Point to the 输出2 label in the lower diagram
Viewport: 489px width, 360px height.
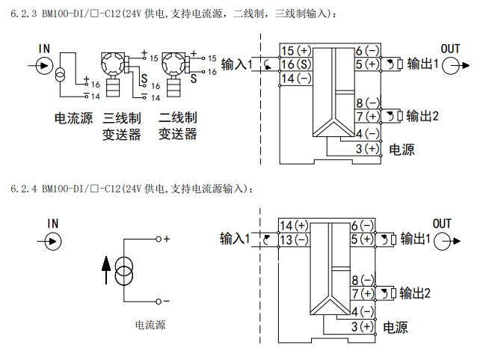click(x=416, y=293)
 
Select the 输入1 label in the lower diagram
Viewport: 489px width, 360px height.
click(x=234, y=239)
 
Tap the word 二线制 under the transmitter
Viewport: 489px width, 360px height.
click(x=177, y=118)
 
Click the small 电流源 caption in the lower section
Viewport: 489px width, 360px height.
click(x=150, y=325)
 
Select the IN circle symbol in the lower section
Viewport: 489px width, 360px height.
click(x=53, y=240)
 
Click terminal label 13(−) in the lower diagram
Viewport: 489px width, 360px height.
click(x=294, y=240)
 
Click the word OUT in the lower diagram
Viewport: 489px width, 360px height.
click(x=442, y=224)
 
